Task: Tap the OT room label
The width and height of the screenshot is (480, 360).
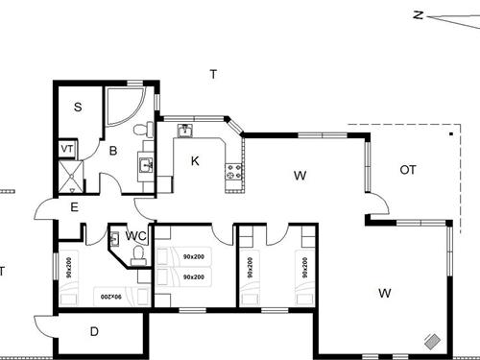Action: (408, 170)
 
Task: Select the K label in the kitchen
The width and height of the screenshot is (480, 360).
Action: (195, 160)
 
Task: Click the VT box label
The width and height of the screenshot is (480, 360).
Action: (66, 150)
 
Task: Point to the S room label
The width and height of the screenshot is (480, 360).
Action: (77, 108)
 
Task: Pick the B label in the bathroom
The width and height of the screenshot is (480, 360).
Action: (112, 151)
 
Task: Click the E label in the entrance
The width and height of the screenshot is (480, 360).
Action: (74, 205)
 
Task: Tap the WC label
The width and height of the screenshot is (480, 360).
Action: (135, 236)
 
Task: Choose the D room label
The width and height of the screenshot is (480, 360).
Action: (94, 332)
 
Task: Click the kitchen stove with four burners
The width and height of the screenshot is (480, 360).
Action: (231, 173)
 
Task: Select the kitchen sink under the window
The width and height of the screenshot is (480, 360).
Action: (185, 131)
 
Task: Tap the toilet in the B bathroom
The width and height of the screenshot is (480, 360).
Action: (140, 129)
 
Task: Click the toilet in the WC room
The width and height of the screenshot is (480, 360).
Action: (137, 254)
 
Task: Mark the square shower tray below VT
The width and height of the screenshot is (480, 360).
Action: (67, 173)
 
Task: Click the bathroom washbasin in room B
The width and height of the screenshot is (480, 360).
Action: (147, 165)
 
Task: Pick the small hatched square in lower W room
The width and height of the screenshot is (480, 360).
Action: (433, 341)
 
